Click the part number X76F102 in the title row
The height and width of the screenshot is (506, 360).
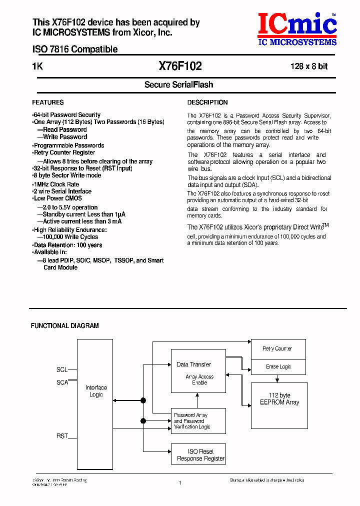click(180, 66)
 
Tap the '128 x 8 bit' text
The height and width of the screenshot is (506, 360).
click(309, 66)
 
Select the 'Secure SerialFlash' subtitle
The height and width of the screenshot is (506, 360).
click(179, 85)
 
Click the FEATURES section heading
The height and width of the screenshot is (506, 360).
click(48, 102)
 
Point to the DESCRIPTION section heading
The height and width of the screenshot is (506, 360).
click(207, 102)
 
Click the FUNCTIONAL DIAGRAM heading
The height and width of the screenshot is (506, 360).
click(65, 325)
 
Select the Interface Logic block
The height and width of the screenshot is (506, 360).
click(96, 391)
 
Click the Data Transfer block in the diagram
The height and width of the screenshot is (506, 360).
click(198, 370)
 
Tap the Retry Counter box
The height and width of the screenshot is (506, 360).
click(277, 349)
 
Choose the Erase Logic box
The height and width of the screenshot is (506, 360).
click(278, 366)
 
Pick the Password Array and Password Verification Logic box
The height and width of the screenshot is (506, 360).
click(198, 421)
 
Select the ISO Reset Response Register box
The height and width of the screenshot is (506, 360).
click(198, 455)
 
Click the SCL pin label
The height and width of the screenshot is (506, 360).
click(62, 370)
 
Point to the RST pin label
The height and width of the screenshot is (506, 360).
click(62, 436)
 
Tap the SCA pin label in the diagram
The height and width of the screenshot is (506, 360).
click(62, 382)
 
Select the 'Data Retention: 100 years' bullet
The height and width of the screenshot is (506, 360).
click(67, 245)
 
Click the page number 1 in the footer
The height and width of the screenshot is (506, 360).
click(179, 482)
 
